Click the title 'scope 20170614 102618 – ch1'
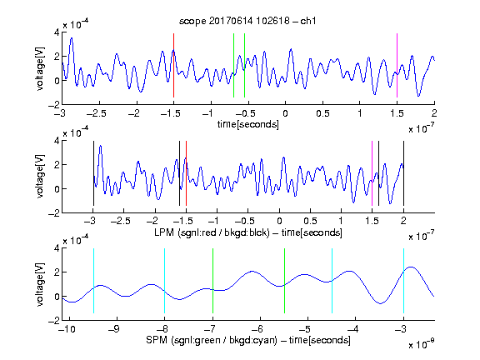point(247,21)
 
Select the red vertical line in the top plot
point(173,66)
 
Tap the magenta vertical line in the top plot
point(397,66)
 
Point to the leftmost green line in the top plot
point(233,66)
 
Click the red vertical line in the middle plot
point(186,173)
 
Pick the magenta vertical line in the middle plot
point(372,173)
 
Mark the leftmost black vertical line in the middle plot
point(93,173)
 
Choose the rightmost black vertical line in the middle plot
point(403,173)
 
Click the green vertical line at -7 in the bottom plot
point(212,281)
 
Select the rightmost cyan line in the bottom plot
point(403,281)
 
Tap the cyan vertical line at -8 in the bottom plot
point(164,281)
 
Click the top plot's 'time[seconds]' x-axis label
point(248,124)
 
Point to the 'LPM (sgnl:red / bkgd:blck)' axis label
point(212,232)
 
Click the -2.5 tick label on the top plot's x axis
point(97,113)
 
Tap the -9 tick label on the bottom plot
point(114,329)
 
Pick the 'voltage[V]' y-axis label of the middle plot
point(40,177)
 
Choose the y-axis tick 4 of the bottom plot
point(57,248)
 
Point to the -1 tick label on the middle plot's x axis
point(214,221)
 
